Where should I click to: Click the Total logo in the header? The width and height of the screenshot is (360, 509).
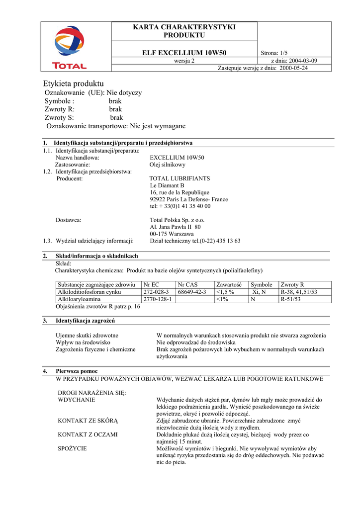point(70,47)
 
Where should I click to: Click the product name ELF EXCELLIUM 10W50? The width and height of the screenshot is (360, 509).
point(184,53)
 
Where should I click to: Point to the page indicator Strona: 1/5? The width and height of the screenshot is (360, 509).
point(273,53)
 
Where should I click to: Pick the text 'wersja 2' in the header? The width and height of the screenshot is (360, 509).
point(184,61)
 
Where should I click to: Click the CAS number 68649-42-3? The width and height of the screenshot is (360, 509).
point(192,292)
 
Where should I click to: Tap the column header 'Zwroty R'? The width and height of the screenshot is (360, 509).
point(292,284)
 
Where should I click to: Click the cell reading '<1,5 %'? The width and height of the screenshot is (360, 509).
point(225,292)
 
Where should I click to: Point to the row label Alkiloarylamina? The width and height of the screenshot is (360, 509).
point(80,299)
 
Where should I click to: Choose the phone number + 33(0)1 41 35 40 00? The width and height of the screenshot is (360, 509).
point(180,206)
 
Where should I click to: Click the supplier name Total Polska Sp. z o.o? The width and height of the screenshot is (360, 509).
point(177,220)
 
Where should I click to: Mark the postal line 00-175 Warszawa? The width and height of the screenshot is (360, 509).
point(172,234)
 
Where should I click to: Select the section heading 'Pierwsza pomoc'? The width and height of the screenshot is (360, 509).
point(77,371)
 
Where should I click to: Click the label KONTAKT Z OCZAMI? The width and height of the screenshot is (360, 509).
point(88,434)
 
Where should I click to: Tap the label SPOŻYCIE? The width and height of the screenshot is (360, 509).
point(73,448)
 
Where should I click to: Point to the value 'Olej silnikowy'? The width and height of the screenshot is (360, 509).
point(168,165)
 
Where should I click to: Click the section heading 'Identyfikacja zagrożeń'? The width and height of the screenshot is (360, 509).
point(86,321)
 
